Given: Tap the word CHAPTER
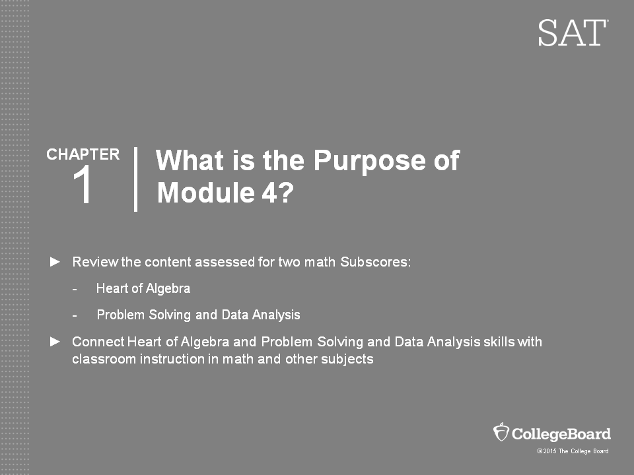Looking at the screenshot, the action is pos(83,154).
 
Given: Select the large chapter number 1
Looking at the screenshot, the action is pos(83,185).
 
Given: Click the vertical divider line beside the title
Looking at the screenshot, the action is pos(136,179).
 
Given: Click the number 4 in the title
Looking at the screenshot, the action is pos(269,192).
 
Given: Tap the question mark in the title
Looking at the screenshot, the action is pos(286,192).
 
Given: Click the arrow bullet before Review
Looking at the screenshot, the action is pos(55,262).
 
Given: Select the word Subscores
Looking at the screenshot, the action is pos(375,262).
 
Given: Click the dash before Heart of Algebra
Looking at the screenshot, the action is pos(75,289).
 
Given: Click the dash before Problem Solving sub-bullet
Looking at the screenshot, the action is pos(75,315).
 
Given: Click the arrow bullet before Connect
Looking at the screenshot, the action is pos(55,342).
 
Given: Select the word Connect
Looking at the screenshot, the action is pos(98,342).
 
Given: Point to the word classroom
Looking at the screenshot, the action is pos(104,359).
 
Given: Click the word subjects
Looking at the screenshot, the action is pos(347,359).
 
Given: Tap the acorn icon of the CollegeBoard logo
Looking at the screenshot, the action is pos(501,432).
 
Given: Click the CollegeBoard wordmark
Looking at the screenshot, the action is pos(561,434).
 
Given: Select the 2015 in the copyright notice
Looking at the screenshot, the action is pos(549,451).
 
